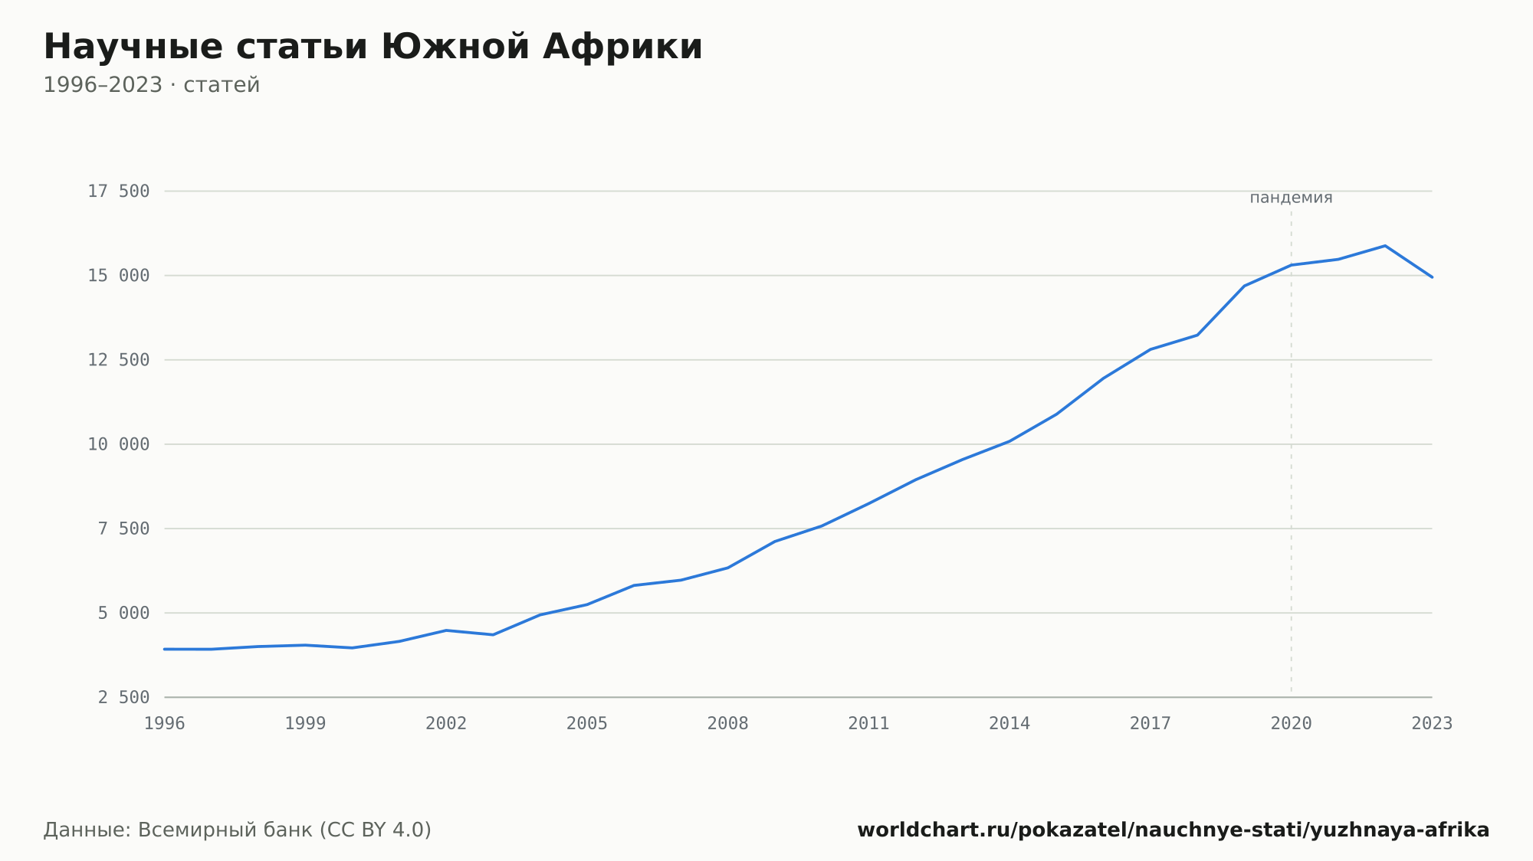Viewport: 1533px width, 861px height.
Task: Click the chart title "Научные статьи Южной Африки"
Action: (x=373, y=47)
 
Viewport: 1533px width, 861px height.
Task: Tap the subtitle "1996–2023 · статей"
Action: (x=152, y=85)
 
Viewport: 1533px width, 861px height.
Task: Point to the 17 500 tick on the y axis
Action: (x=119, y=192)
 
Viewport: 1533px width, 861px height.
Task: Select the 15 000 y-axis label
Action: (x=119, y=276)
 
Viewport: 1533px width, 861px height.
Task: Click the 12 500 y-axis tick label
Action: (x=119, y=360)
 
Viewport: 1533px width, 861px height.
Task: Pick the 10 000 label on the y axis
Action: (x=119, y=444)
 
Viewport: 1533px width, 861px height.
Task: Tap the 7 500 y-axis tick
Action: (x=124, y=529)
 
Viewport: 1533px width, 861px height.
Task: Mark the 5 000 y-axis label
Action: (x=124, y=613)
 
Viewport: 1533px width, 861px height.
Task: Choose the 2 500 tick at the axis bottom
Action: (x=124, y=697)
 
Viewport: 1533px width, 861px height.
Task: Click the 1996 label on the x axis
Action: (x=165, y=724)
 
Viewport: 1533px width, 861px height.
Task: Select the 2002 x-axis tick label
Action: (x=446, y=724)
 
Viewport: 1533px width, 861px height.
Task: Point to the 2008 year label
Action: (x=728, y=724)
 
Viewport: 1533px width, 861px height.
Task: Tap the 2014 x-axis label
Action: (x=1009, y=724)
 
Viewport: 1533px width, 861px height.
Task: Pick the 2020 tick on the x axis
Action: (x=1292, y=724)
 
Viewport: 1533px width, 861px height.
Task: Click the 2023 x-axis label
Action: (x=1432, y=724)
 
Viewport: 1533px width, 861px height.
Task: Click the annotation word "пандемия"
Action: (x=1292, y=198)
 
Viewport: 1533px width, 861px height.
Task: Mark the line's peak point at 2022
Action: (x=1385, y=246)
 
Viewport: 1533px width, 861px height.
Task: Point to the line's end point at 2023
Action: (x=1432, y=277)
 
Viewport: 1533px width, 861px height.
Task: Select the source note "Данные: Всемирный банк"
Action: (x=179, y=830)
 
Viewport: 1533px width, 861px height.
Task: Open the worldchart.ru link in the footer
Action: (x=1174, y=830)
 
